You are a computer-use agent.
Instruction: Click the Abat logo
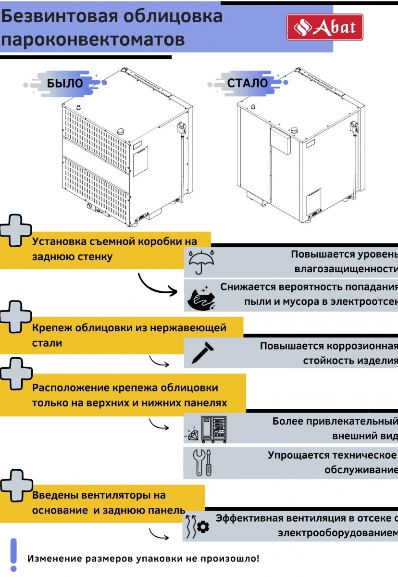pos(324,27)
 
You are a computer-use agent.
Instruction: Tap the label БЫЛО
pos(65,83)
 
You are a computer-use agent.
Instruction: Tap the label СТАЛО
pos(247,83)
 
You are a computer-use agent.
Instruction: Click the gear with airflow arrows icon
pos(197,526)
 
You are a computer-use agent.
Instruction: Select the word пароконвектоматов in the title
pos(92,39)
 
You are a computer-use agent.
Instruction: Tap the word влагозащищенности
pos(346,268)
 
